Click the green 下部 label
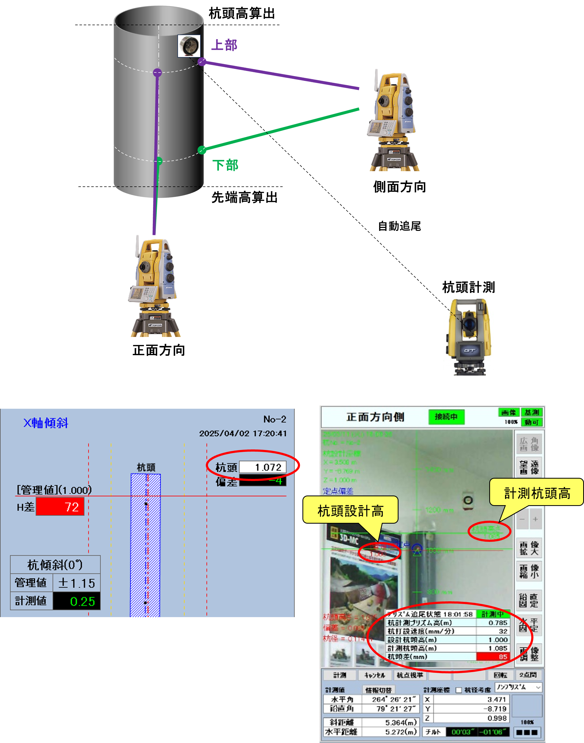tap(225, 165)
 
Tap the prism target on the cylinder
tap(189, 46)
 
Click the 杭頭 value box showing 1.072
tap(263, 467)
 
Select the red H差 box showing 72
tap(60, 506)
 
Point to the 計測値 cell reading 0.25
tap(77, 601)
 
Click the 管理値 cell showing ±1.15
tap(77, 583)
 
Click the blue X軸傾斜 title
tap(46, 423)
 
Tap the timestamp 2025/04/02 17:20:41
tap(243, 433)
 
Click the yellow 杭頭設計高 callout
tap(350, 511)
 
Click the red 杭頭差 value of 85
tap(493, 657)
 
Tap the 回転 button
tap(500, 675)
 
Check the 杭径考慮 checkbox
tap(458, 690)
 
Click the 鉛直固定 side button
tap(529, 600)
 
